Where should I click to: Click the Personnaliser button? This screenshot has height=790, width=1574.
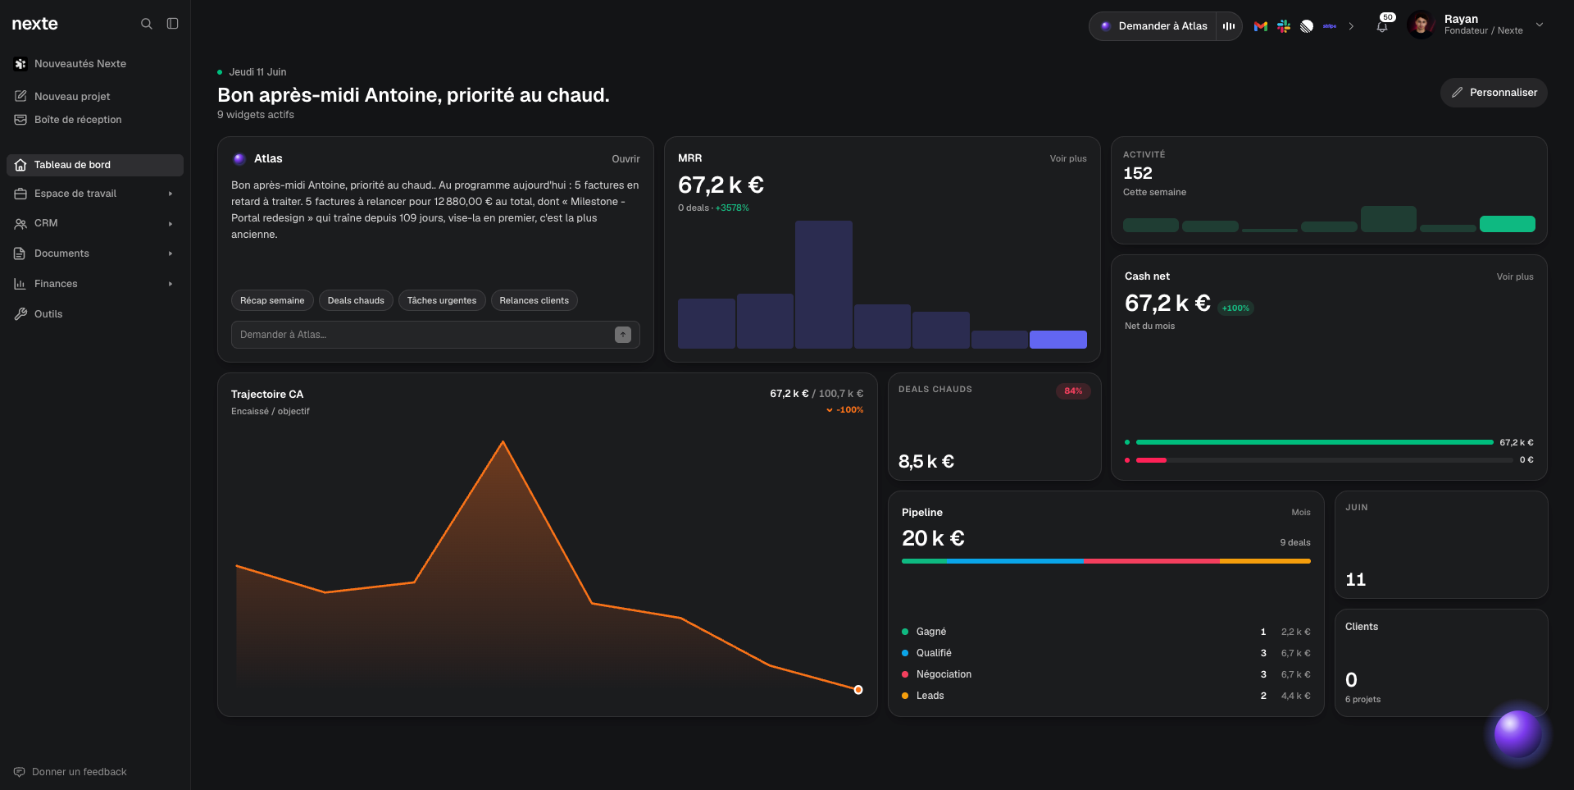click(1494, 93)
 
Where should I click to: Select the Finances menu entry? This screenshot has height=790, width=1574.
click(56, 284)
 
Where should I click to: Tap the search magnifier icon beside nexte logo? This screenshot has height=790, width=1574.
click(147, 24)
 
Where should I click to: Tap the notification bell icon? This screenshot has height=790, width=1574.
click(1382, 26)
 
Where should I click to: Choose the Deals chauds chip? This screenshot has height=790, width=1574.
click(356, 300)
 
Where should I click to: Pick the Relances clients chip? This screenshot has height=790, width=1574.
click(535, 300)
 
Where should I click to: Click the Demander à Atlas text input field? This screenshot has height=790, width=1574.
click(422, 335)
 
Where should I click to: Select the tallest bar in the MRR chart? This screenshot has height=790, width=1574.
click(824, 285)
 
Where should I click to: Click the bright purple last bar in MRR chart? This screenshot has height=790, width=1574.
click(1058, 340)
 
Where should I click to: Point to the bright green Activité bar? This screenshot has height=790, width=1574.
click(1508, 224)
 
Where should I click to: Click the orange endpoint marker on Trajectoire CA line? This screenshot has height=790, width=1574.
click(858, 690)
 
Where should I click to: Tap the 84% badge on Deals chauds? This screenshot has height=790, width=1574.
click(1073, 391)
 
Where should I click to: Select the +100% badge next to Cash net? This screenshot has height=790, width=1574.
click(1235, 308)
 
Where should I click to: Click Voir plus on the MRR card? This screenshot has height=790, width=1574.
click(1068, 159)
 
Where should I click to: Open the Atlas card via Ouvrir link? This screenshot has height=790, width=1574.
click(626, 159)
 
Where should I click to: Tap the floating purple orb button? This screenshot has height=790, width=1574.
click(1517, 733)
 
